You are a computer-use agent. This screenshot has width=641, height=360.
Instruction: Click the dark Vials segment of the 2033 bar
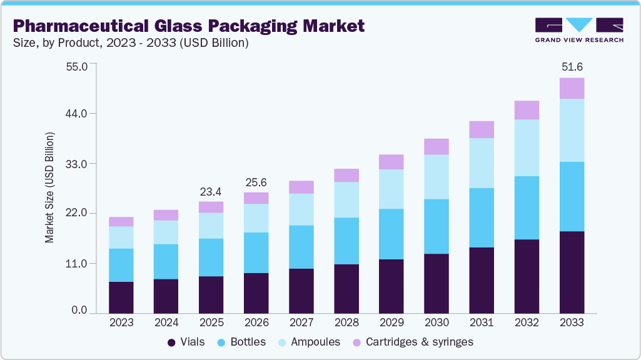[x=572, y=272]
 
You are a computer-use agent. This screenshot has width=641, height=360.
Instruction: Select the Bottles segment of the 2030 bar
[x=437, y=226]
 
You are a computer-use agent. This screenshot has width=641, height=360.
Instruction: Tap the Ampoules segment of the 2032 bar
[x=527, y=147]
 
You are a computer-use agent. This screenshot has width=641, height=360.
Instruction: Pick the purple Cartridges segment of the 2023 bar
[x=121, y=221]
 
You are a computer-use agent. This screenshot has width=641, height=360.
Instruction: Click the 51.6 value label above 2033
[x=572, y=67]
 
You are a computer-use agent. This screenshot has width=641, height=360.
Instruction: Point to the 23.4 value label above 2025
[x=211, y=191]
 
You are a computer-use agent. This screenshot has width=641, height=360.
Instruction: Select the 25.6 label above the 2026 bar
[x=256, y=182]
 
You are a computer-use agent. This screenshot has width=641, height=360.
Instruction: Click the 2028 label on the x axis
[x=346, y=322]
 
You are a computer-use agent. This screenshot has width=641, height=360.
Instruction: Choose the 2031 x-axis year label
[x=482, y=322]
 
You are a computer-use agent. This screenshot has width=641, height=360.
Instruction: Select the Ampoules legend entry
[x=310, y=342]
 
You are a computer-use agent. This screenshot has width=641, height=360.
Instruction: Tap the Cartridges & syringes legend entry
[x=413, y=342]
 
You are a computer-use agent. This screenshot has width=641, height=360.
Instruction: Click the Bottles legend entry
[x=241, y=342]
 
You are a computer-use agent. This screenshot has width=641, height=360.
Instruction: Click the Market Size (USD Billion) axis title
[x=49, y=187]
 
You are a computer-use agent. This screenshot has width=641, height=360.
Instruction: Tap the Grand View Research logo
[x=578, y=30]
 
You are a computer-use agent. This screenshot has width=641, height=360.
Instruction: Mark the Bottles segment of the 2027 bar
[x=301, y=247]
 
